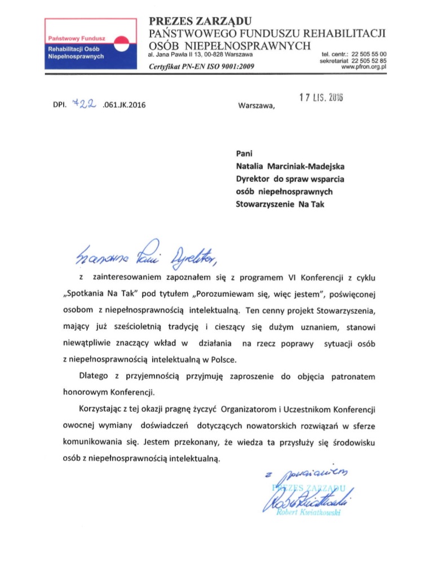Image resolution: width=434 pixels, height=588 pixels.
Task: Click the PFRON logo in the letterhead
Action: [90, 43]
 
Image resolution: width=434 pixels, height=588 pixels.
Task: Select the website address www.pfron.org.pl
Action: [366, 66]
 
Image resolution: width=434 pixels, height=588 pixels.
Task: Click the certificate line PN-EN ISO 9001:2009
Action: [201, 66]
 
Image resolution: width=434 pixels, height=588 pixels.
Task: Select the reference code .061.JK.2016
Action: [125, 104]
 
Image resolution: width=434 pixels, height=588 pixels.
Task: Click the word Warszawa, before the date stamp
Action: [258, 104]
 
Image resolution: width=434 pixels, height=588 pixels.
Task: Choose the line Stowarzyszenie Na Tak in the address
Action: [280, 204]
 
